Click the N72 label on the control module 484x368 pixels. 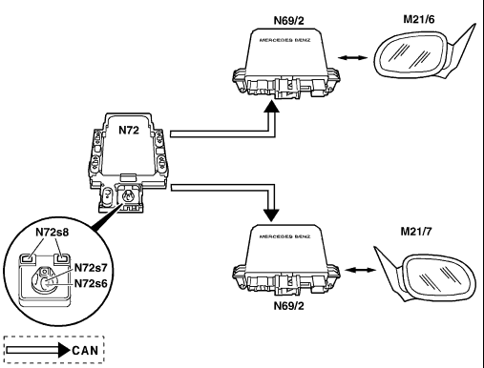[x=129, y=130]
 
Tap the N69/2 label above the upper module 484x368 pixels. [x=289, y=20]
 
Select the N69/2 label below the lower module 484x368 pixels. [x=289, y=306]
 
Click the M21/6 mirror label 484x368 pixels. [x=419, y=19]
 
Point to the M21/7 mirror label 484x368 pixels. [x=416, y=232]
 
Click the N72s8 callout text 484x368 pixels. [x=53, y=233]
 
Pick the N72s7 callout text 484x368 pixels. [x=91, y=268]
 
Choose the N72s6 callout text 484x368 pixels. [x=91, y=283]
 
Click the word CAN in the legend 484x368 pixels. [x=85, y=351]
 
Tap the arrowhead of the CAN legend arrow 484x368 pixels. [x=64, y=350]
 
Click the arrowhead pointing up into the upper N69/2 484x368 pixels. [x=271, y=106]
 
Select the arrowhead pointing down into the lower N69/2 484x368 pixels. [x=271, y=215]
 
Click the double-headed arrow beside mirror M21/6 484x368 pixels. [x=352, y=58]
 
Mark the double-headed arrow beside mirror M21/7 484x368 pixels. [x=361, y=270]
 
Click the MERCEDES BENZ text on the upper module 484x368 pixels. [x=284, y=40]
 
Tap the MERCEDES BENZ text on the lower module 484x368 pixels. [x=284, y=236]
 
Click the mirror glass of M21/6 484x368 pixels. [x=412, y=54]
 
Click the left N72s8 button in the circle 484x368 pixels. [x=29, y=258]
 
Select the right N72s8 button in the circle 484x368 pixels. [x=61, y=258]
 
